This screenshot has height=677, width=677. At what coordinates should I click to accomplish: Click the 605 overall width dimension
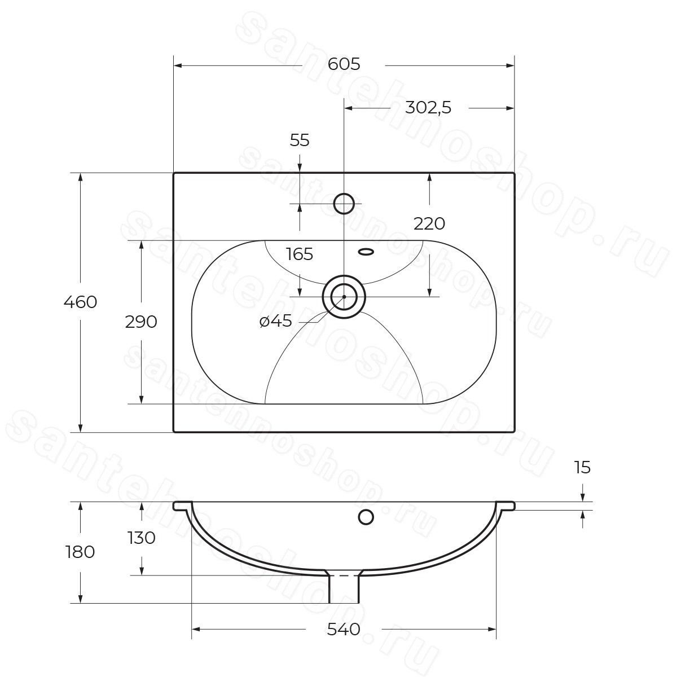(344, 64)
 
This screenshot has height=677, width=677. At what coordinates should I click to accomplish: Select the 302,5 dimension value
(428, 108)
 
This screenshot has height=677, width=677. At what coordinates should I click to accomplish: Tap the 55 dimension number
(300, 140)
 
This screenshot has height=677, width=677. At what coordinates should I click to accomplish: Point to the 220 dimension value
(429, 223)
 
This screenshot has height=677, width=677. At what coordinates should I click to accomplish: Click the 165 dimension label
(300, 254)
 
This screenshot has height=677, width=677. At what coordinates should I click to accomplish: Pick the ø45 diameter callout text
(276, 321)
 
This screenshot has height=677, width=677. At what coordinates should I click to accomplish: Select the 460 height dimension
(80, 302)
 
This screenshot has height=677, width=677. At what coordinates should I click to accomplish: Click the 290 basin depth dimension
(141, 322)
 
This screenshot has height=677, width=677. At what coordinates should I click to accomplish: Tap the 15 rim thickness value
(582, 467)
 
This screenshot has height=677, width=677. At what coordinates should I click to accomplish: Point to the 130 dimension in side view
(142, 538)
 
